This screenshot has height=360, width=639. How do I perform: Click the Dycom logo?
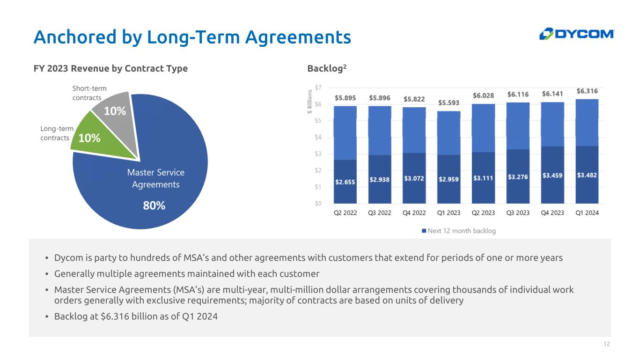coord(577,34)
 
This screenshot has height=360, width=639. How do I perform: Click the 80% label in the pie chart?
coord(154,206)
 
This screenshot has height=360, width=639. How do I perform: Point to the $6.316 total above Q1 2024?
coord(587,91)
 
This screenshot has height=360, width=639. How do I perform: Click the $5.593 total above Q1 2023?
coord(448,103)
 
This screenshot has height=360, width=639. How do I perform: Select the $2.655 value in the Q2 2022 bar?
coord(345,182)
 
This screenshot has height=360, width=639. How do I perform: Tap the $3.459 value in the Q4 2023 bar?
coord(552,175)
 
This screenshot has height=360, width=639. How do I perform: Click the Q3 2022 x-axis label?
coord(379,213)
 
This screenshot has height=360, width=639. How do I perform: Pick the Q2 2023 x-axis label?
coord(483,213)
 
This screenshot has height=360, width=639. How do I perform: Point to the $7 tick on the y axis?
coord(318,88)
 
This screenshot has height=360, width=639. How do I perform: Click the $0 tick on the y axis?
coord(318,203)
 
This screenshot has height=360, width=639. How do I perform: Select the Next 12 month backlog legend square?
coord(424,230)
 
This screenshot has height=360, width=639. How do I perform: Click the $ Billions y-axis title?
coord(309,102)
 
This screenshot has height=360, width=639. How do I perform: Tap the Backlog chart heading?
coord(327,68)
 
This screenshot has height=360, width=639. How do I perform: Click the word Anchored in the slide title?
coord(75,37)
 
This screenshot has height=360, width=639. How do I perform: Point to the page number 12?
coord(607,344)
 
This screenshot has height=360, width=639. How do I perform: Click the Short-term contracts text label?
coord(89,93)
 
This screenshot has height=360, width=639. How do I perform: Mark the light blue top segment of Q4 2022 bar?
coord(414,130)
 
